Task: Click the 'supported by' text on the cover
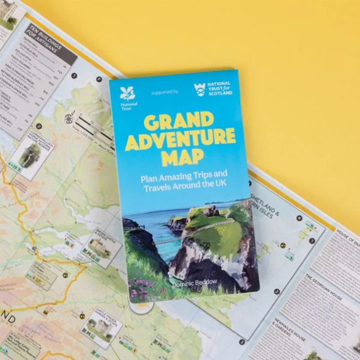click(164, 92)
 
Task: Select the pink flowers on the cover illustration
click(145, 281)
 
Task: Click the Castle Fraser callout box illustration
click(100, 327)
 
